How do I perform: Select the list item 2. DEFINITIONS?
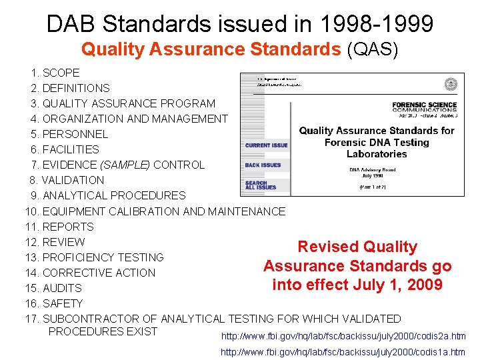[x=70, y=88]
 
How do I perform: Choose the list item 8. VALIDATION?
[x=67, y=180]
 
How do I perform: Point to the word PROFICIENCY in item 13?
[x=77, y=257]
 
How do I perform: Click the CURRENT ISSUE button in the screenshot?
[x=267, y=145]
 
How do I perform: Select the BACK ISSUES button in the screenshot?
[x=263, y=165]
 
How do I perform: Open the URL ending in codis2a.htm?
[x=343, y=336]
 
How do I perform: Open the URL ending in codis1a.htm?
[x=343, y=351]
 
